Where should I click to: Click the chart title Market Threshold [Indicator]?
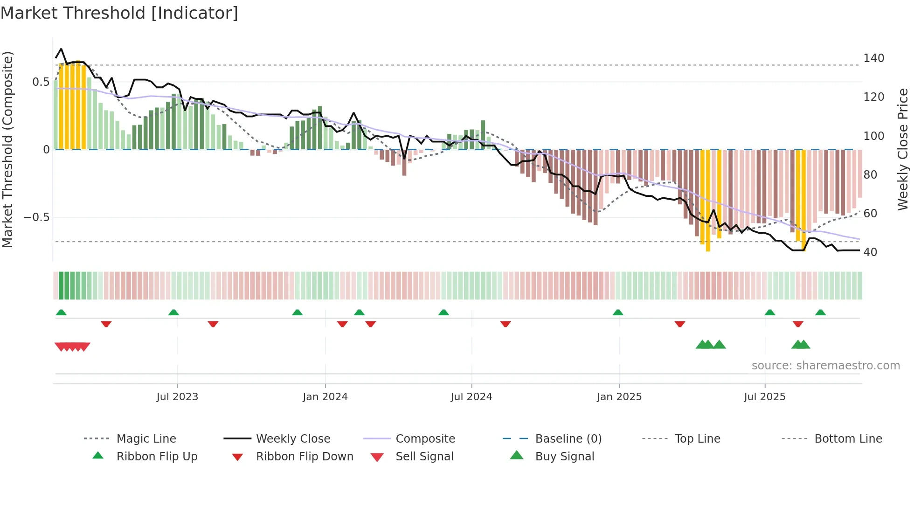[x=119, y=13]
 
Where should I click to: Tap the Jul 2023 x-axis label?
[x=177, y=397]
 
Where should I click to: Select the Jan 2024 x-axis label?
[x=325, y=397]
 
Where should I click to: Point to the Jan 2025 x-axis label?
[x=619, y=397]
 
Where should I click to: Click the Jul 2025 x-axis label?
[x=764, y=397]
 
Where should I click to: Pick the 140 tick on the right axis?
[x=873, y=58]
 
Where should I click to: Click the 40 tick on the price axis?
[x=870, y=252]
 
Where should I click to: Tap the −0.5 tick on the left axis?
[x=36, y=217]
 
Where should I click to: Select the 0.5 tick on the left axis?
[x=41, y=82]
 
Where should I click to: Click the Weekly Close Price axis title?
[x=903, y=149]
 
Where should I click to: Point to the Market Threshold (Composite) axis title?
[x=7, y=149]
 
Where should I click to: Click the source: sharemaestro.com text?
[x=825, y=366]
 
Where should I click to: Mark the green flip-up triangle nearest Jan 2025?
[x=618, y=313]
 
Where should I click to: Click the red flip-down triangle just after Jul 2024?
[x=505, y=324]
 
